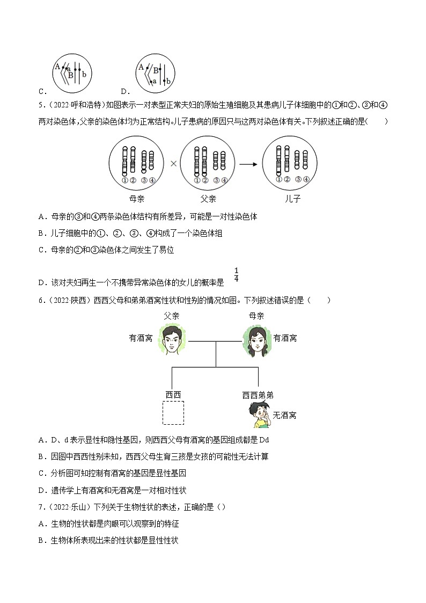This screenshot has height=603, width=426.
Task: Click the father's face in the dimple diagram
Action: pyautogui.click(x=171, y=339)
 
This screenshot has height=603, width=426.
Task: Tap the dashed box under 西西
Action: pyautogui.click(x=173, y=413)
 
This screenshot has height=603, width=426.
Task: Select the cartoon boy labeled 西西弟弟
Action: pyautogui.click(x=259, y=416)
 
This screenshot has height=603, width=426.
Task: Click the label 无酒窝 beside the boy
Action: pyautogui.click(x=284, y=415)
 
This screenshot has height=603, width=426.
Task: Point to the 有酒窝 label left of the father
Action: pyautogui.click(x=141, y=338)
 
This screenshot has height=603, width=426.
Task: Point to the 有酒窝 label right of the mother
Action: pyautogui.click(x=285, y=338)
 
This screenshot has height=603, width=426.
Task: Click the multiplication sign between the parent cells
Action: pyautogui.click(x=173, y=163)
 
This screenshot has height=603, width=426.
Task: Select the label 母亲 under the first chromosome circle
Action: pyautogui.click(x=137, y=199)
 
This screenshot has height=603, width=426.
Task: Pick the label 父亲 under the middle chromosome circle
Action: pyautogui.click(x=208, y=199)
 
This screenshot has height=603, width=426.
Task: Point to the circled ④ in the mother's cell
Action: pyautogui.click(x=152, y=180)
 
